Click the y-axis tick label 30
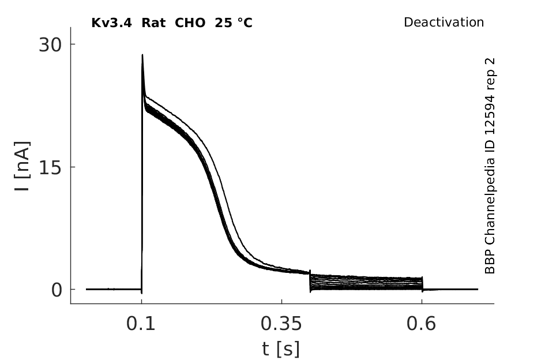[x=50, y=44]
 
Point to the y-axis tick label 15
[x=50, y=167]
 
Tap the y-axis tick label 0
[x=57, y=290]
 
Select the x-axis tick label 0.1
[x=141, y=324]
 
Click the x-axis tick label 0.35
[x=281, y=324]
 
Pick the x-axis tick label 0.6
[x=421, y=324]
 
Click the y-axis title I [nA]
[x=22, y=166]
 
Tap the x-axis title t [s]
[x=280, y=349]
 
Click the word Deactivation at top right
[x=444, y=22]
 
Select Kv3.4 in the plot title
[x=111, y=23]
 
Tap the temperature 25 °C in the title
[x=234, y=23]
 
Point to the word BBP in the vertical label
[x=490, y=263]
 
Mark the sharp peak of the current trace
[x=142, y=55]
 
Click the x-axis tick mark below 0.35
[x=281, y=301]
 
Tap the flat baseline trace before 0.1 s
[x=114, y=289]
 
